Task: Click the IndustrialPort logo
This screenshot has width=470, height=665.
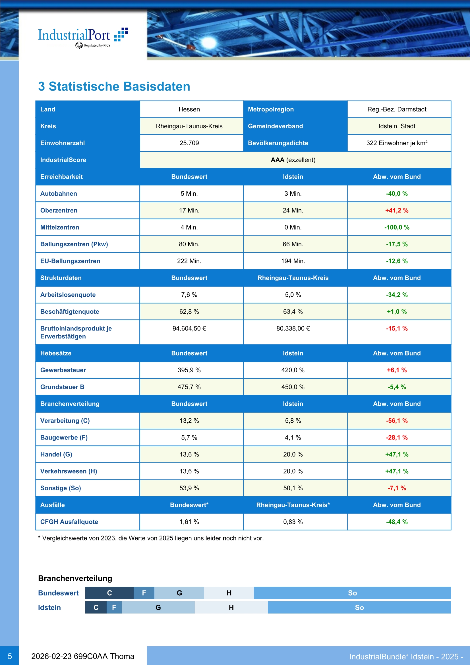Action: pyautogui.click(x=82, y=37)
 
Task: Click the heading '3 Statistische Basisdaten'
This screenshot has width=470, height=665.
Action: pyautogui.click(x=114, y=86)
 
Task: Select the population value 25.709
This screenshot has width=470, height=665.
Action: pyautogui.click(x=189, y=143)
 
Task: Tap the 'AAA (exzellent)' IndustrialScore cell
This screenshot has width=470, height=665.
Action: pyautogui.click(x=293, y=160)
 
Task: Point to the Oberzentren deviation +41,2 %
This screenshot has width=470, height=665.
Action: pyautogui.click(x=396, y=210)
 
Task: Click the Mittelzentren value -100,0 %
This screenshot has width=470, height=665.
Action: pyautogui.click(x=396, y=227)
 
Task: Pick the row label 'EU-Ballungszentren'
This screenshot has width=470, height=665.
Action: pyautogui.click(x=70, y=261)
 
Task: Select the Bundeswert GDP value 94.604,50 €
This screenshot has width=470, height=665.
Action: pyautogui.click(x=189, y=329)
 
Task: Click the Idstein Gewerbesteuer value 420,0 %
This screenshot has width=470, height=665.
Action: pyautogui.click(x=293, y=370)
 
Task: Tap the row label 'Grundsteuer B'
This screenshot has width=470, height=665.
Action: pyautogui.click(x=62, y=387)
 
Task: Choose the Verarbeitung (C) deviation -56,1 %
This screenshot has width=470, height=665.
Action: pyautogui.click(x=396, y=421)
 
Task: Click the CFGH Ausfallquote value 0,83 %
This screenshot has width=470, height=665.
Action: pyautogui.click(x=293, y=522)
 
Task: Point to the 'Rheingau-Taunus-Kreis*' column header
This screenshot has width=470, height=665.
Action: pyautogui.click(x=293, y=505)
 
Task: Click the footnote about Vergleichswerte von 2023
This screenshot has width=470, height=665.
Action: pyautogui.click(x=151, y=538)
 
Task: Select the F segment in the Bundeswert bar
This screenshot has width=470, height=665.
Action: pyautogui.click(x=144, y=593)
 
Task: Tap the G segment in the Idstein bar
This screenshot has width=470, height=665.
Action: pyautogui.click(x=158, y=607)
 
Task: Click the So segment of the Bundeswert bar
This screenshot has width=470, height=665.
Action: pyautogui.click(x=352, y=593)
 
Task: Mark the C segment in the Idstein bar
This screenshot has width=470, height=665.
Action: pyautogui.click(x=96, y=607)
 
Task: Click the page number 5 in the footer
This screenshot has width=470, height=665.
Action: pyautogui.click(x=10, y=656)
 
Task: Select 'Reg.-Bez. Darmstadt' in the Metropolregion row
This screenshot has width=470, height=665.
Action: pyautogui.click(x=396, y=110)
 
